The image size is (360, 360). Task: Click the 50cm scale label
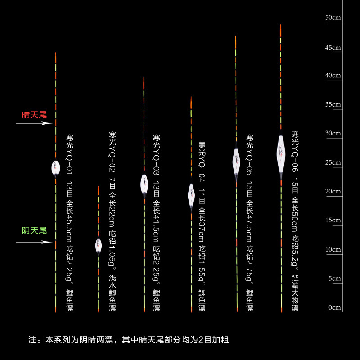pyautogui.click(x=333, y=18)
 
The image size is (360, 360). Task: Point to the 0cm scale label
pyautogui.click(x=334, y=308)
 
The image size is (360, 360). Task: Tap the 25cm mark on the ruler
pyautogui.click(x=333, y=162)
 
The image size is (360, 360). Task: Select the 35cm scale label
pyautogui.click(x=333, y=104)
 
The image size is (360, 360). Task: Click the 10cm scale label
pyautogui.click(x=333, y=249)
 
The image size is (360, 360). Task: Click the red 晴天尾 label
pyautogui.click(x=35, y=115)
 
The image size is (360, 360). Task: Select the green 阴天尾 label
pyautogui.click(x=35, y=230)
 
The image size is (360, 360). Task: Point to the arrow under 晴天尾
pyautogui.click(x=34, y=123)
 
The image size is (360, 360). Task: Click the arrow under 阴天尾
pyautogui.click(x=34, y=242)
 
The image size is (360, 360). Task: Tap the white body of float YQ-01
pyautogui.click(x=56, y=168)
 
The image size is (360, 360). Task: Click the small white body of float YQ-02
pyautogui.click(x=99, y=245)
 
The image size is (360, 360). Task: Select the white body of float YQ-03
pyautogui.click(x=144, y=184)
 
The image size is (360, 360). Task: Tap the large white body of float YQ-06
pyautogui.click(x=281, y=153)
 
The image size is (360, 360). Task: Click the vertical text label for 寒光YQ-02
pyautogui.click(x=112, y=221)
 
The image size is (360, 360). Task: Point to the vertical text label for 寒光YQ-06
pyautogui.click(x=295, y=221)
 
